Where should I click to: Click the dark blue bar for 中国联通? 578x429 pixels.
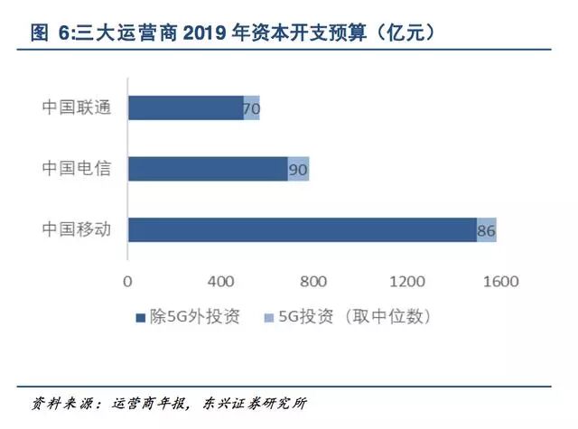click(x=185, y=107)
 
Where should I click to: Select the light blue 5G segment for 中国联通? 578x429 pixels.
click(x=252, y=107)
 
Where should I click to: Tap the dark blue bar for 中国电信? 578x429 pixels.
click(x=208, y=169)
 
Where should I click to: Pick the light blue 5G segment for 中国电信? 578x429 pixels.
click(x=299, y=169)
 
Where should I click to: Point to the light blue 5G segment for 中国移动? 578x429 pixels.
click(x=487, y=229)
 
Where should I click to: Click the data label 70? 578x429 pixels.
click(x=251, y=109)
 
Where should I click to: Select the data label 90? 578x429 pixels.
click(x=298, y=170)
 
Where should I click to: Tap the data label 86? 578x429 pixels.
click(x=486, y=231)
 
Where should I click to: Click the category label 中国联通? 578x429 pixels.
click(x=76, y=107)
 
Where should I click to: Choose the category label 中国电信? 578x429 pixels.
click(x=76, y=169)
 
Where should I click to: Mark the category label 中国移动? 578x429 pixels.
click(x=76, y=229)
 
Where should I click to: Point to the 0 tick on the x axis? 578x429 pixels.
click(x=127, y=281)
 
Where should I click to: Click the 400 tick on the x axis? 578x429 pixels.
click(x=220, y=281)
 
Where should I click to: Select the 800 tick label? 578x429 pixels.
click(x=313, y=281)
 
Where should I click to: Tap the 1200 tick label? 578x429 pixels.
click(x=406, y=281)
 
